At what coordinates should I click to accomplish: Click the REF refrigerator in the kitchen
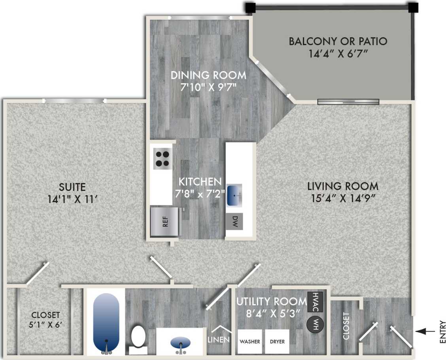(x=165, y=222)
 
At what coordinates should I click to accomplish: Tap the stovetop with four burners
(x=162, y=159)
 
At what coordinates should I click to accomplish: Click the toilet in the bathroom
(x=138, y=337)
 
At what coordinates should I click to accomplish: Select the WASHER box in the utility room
(x=249, y=341)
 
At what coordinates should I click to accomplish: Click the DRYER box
(x=277, y=341)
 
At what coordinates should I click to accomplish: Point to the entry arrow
(x=425, y=332)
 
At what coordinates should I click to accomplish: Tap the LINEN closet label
(x=219, y=339)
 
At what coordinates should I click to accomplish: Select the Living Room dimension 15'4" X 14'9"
(x=343, y=198)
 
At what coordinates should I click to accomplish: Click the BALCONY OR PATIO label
(x=338, y=41)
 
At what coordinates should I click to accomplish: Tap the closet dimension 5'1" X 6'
(x=46, y=326)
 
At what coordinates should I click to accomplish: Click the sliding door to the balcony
(x=348, y=102)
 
